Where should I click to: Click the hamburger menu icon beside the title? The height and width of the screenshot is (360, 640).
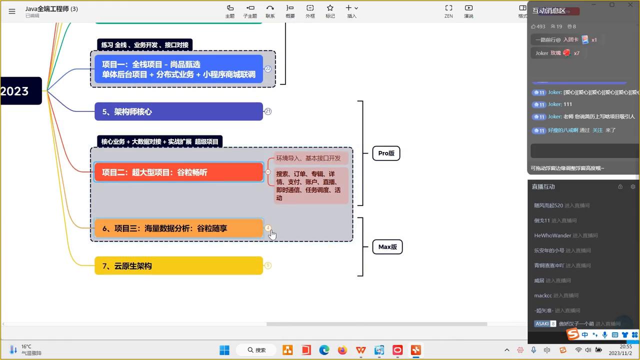(x=12, y=11)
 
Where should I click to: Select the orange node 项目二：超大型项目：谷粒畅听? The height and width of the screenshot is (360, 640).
(x=178, y=172)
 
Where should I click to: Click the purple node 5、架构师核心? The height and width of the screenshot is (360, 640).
(x=178, y=111)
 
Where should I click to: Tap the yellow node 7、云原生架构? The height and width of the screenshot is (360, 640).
(x=178, y=266)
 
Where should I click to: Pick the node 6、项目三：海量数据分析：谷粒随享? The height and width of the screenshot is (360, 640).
(x=178, y=228)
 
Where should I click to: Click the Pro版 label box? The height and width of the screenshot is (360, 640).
(x=386, y=153)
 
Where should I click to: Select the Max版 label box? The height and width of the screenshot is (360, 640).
(x=387, y=247)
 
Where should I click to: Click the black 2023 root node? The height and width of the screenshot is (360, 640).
(x=20, y=91)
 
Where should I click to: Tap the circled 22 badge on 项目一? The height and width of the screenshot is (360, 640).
(x=268, y=69)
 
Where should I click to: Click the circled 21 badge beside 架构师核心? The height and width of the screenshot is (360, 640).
(x=268, y=111)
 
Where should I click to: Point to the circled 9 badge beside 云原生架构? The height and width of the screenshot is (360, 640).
(x=268, y=265)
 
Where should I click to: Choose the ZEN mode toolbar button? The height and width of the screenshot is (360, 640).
(x=448, y=11)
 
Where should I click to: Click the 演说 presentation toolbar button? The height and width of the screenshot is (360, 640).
(x=468, y=11)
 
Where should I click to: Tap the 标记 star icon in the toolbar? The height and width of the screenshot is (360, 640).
(x=330, y=11)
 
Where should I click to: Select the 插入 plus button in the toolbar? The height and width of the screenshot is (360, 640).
(x=351, y=11)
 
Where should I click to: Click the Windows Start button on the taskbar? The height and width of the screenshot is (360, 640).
(x=224, y=350)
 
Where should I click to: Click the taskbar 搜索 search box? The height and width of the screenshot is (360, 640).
(x=257, y=350)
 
